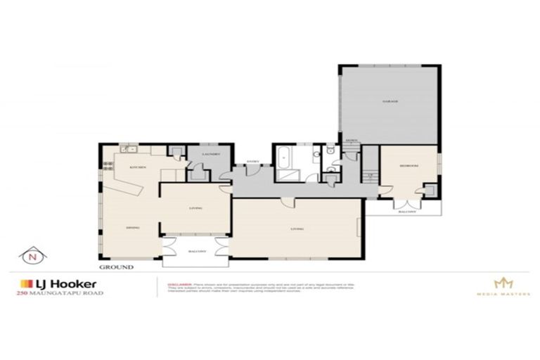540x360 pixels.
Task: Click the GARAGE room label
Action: (x=390, y=102)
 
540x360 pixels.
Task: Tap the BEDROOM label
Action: (x=409, y=166)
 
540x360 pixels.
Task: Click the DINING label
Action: (x=131, y=228)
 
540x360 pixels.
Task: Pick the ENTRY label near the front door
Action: (x=253, y=163)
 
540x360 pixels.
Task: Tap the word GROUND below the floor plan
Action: (x=116, y=268)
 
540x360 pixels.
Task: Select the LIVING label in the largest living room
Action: (x=297, y=228)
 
